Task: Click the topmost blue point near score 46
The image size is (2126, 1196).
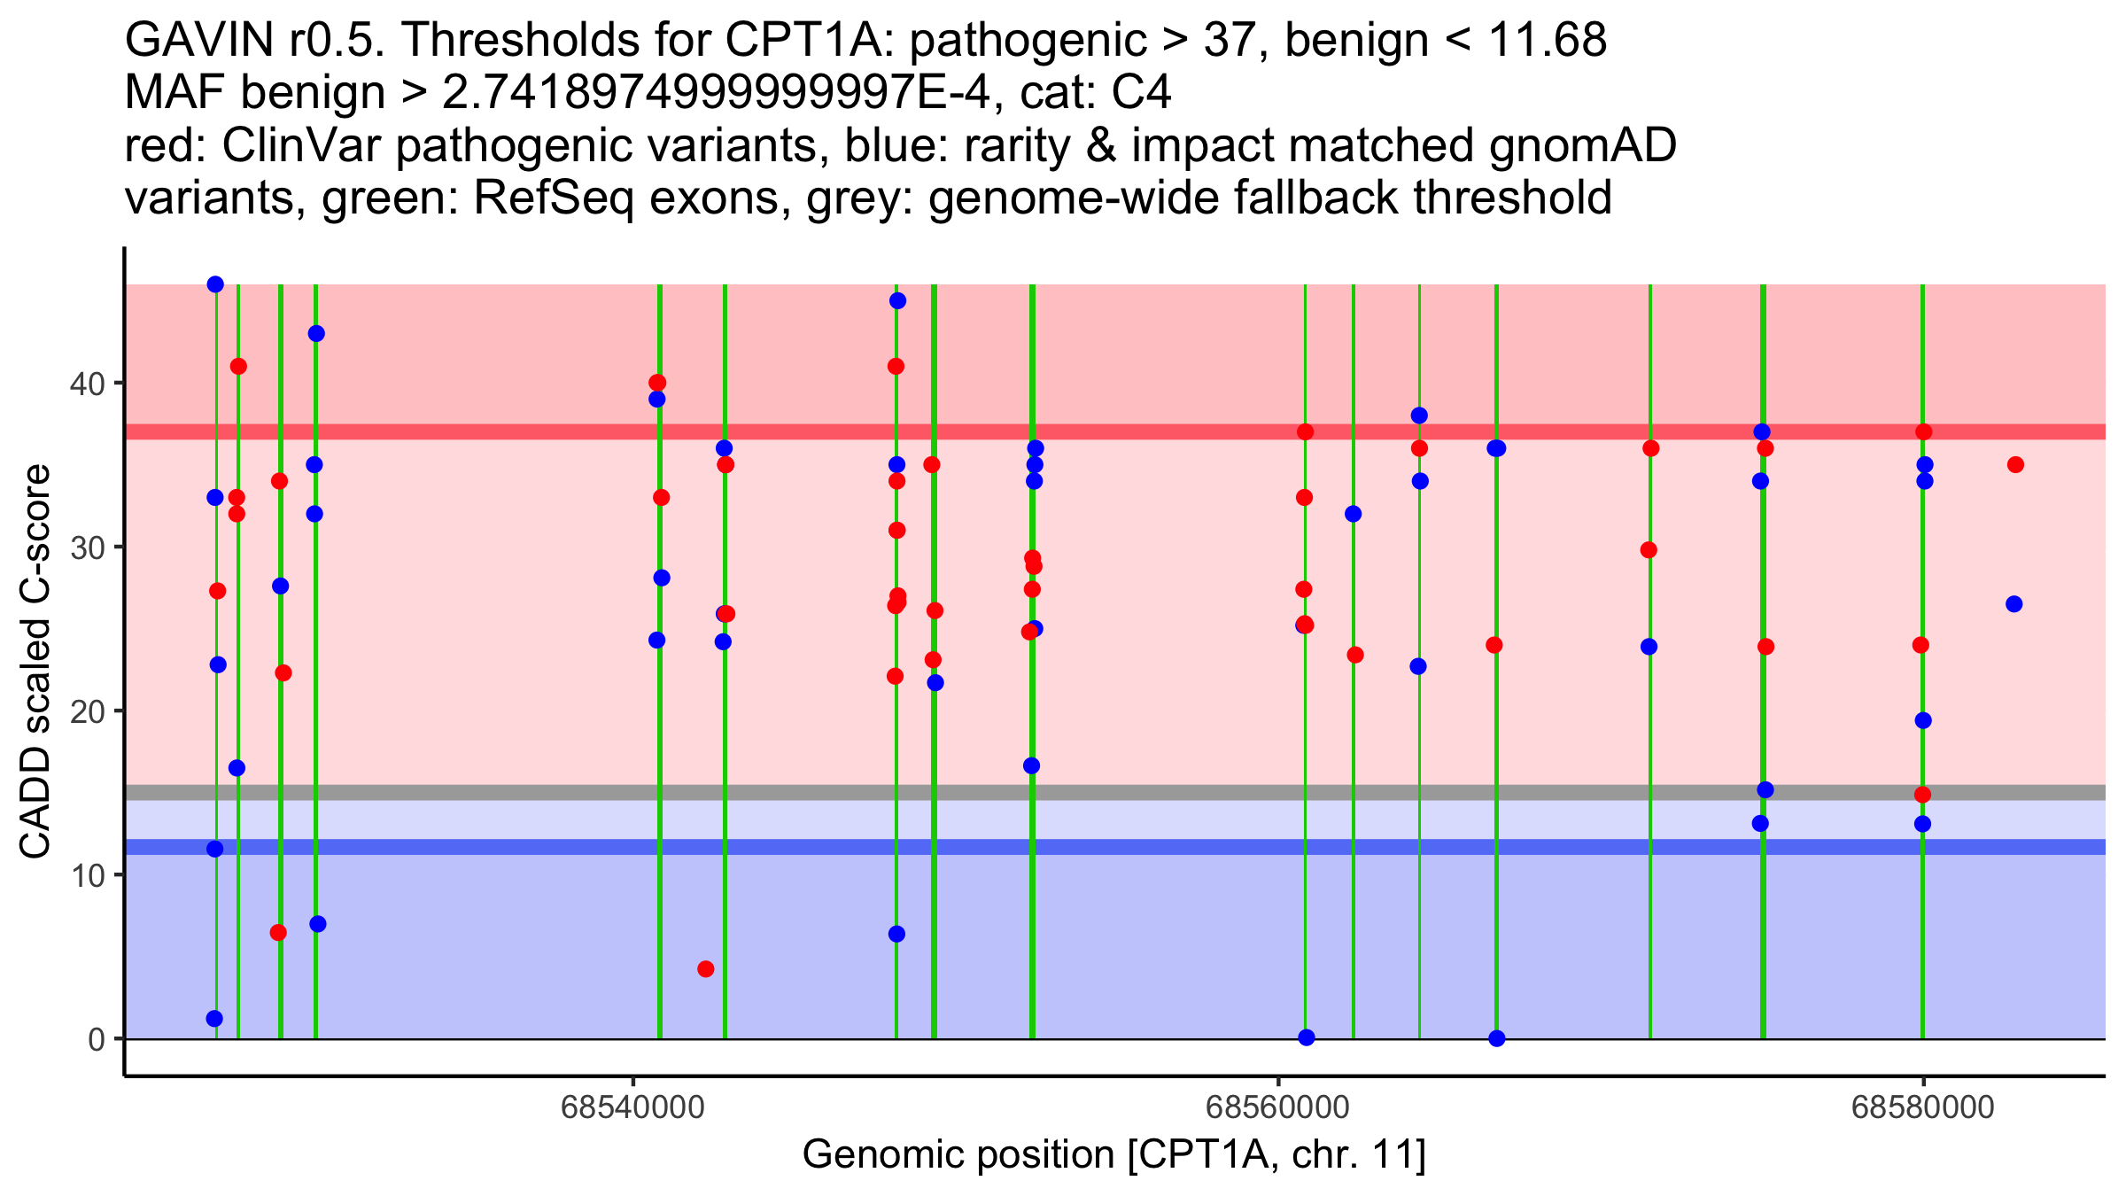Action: (x=215, y=284)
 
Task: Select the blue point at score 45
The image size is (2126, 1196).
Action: (x=897, y=301)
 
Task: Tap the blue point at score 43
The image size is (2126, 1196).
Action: (x=316, y=334)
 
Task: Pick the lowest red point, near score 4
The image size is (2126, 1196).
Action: (x=705, y=969)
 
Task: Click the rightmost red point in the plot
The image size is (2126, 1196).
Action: (x=2015, y=465)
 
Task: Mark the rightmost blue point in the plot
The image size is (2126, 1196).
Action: (x=2013, y=604)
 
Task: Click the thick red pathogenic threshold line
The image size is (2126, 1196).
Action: (x=1152, y=431)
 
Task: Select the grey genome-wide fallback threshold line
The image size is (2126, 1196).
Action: (x=1152, y=792)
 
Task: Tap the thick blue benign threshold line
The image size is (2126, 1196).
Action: (x=1152, y=847)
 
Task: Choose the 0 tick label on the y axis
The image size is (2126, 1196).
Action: (x=96, y=1039)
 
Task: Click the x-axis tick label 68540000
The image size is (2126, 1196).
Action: (x=632, y=1107)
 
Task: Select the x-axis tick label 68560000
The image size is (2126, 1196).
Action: (x=1277, y=1107)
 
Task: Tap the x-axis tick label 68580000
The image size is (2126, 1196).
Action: (x=1922, y=1107)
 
